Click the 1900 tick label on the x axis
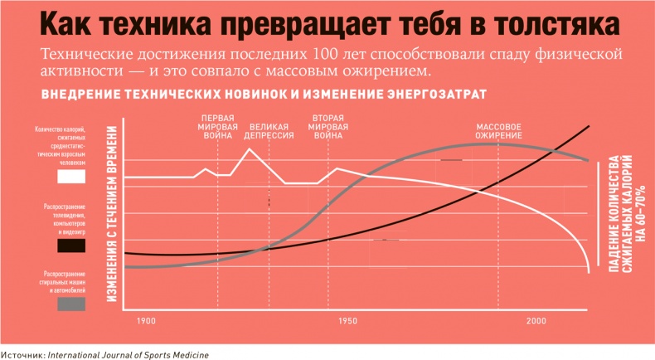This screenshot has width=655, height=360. click(x=145, y=320)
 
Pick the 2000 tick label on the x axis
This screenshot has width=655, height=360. click(x=535, y=320)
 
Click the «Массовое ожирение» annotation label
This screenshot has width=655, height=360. click(x=498, y=131)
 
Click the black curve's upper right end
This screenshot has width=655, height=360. click(x=589, y=126)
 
